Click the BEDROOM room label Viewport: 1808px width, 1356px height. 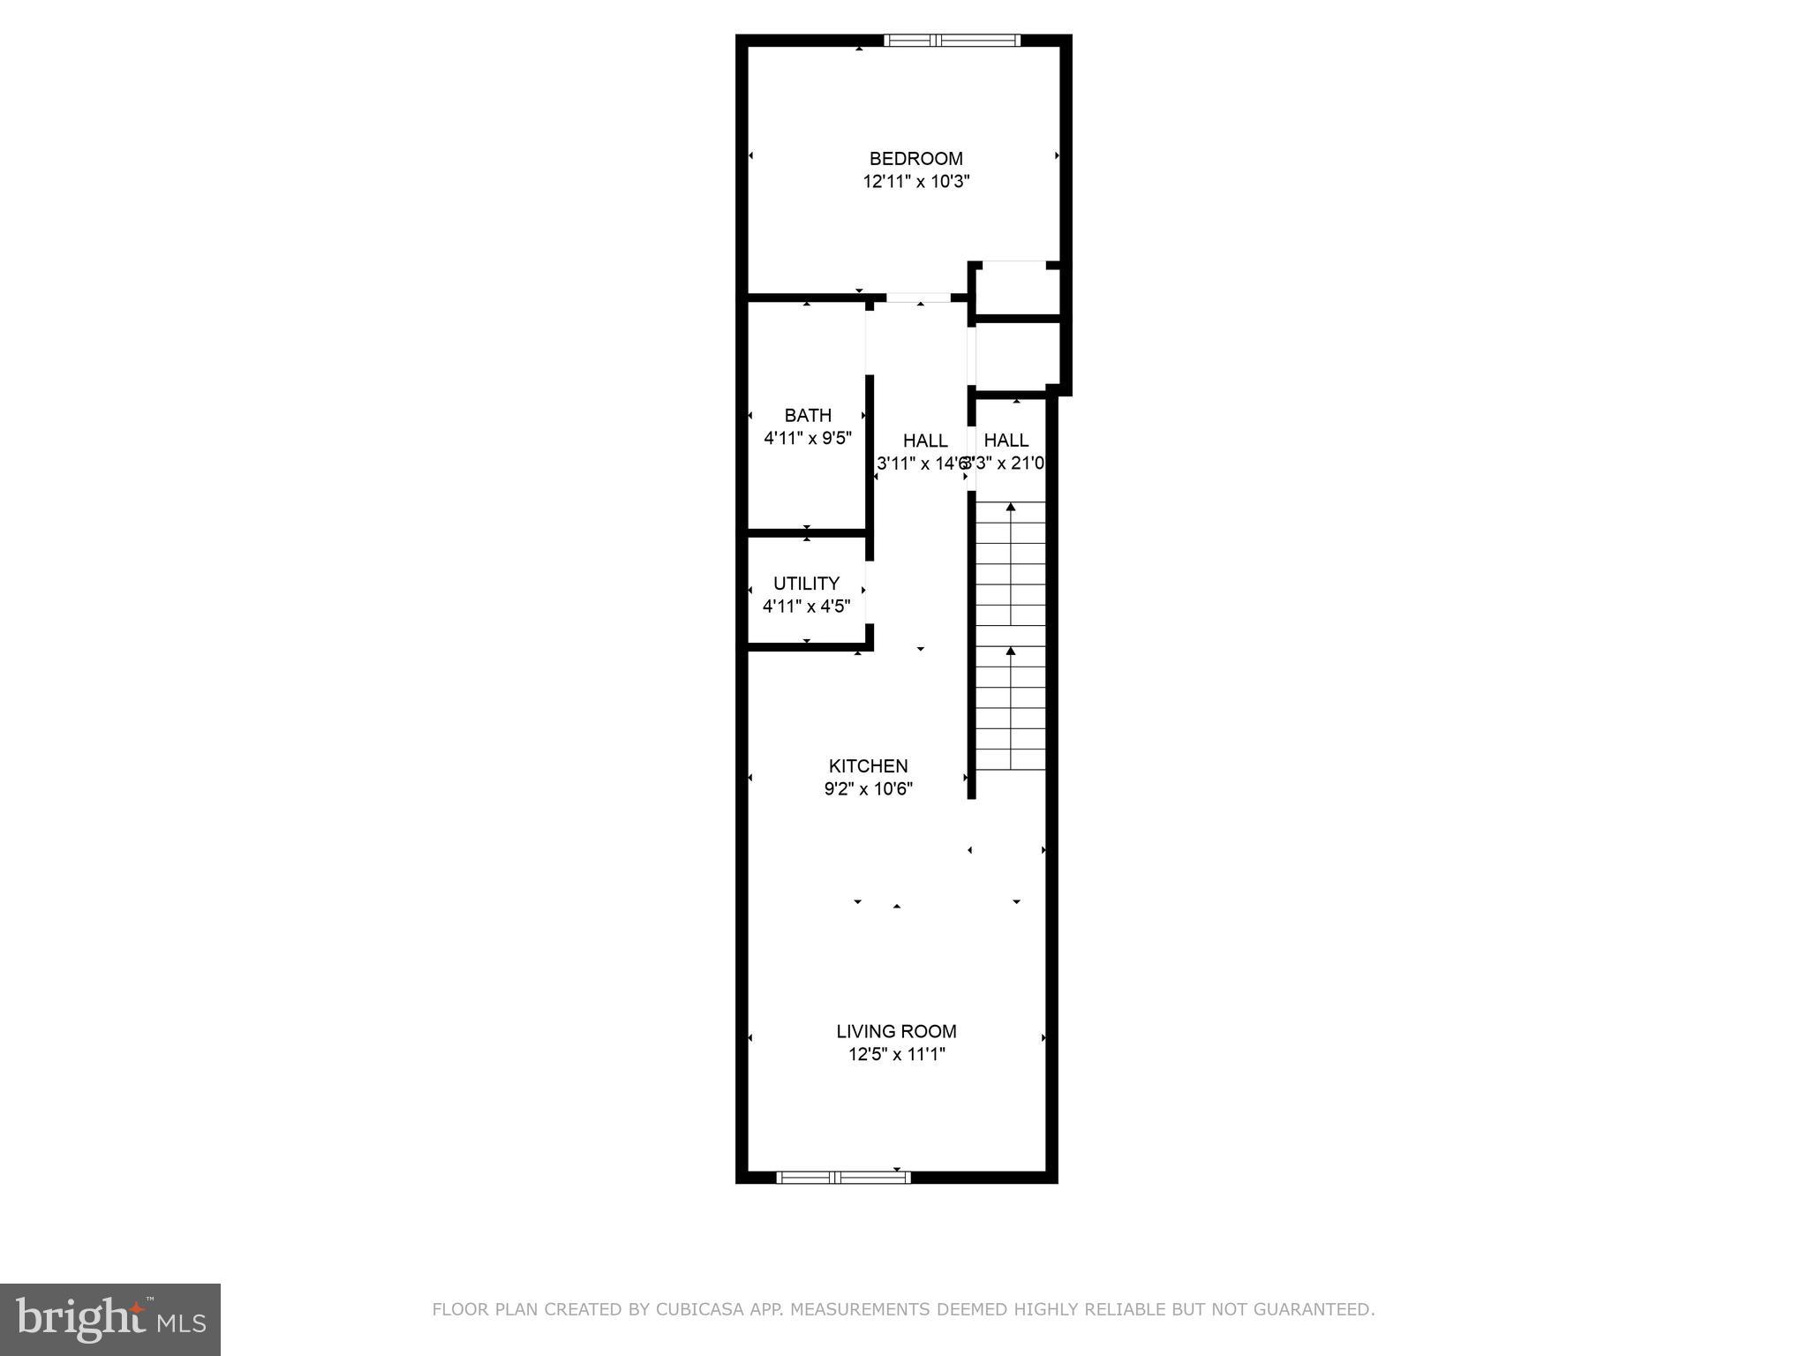point(915,159)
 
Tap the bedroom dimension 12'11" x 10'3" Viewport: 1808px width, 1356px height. point(916,182)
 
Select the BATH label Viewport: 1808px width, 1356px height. point(808,415)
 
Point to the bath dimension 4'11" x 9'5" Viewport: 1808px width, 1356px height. point(807,438)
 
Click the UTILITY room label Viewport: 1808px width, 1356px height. point(806,584)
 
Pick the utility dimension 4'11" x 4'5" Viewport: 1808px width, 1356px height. point(806,606)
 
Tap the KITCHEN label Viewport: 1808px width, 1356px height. point(868,766)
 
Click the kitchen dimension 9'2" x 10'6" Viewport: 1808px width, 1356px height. point(868,789)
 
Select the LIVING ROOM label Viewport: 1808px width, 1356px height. point(896,1031)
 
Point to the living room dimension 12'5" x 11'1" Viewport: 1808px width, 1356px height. point(896,1054)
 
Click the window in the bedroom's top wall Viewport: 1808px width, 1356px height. point(952,40)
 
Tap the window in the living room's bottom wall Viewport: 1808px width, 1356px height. point(843,1177)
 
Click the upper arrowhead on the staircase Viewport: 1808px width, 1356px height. point(1011,507)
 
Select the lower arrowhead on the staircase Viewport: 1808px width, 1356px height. point(1011,651)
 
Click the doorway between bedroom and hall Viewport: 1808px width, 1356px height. point(918,298)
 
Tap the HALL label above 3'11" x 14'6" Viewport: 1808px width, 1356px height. point(925,441)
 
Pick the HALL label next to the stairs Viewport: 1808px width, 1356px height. point(1006,441)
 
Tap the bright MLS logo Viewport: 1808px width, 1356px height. point(110,1319)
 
